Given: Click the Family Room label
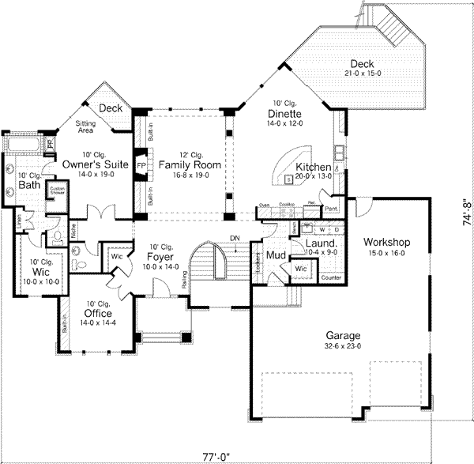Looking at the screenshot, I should pyautogui.click(x=189, y=164).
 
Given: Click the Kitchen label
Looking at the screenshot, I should pyautogui.click(x=313, y=167).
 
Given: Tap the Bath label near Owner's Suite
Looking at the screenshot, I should pyautogui.click(x=29, y=185).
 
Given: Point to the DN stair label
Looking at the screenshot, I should pyautogui.click(x=234, y=238).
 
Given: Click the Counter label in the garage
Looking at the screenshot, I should pyautogui.click(x=332, y=277).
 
